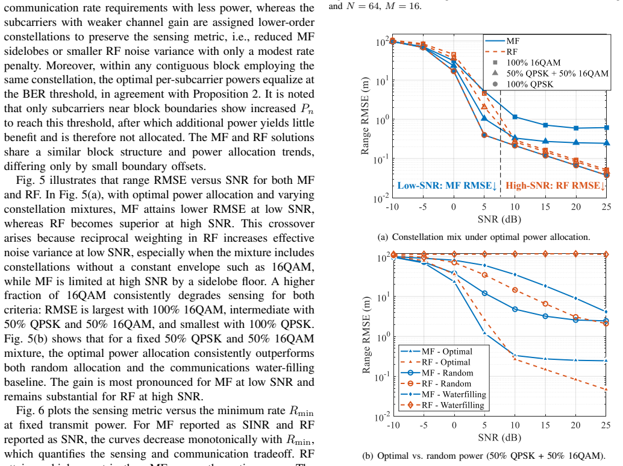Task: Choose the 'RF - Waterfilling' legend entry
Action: coord(443,405)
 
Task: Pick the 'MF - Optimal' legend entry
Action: coord(437,351)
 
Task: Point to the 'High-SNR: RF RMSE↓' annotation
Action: coord(556,186)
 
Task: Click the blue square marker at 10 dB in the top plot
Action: coord(515,117)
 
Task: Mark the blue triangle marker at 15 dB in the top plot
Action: coord(545,140)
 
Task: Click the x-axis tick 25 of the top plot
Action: coord(606,207)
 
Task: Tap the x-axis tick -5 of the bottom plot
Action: coord(424,425)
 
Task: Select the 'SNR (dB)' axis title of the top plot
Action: coord(499,219)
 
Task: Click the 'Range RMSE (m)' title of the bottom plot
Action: coord(366,335)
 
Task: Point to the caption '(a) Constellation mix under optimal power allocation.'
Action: coord(484,237)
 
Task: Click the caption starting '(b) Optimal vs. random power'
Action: coord(484,456)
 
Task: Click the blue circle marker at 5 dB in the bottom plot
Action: coord(484,293)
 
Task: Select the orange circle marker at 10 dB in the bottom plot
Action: coord(515,290)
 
